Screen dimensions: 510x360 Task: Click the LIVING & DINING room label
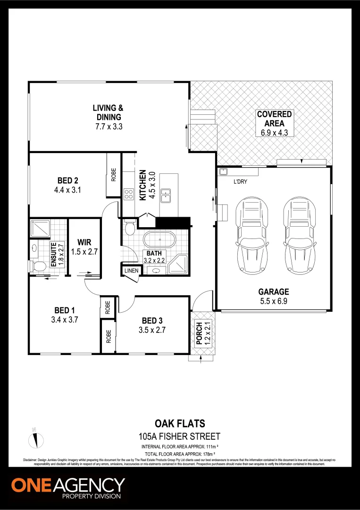point(108,113)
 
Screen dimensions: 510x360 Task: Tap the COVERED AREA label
point(274,119)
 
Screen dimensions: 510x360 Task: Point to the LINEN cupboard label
point(131,271)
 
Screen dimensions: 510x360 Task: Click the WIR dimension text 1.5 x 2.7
point(84,252)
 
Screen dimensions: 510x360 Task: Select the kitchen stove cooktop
point(128,194)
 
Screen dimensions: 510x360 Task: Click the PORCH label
point(200,334)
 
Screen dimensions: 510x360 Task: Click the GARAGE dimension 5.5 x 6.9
point(274,300)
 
